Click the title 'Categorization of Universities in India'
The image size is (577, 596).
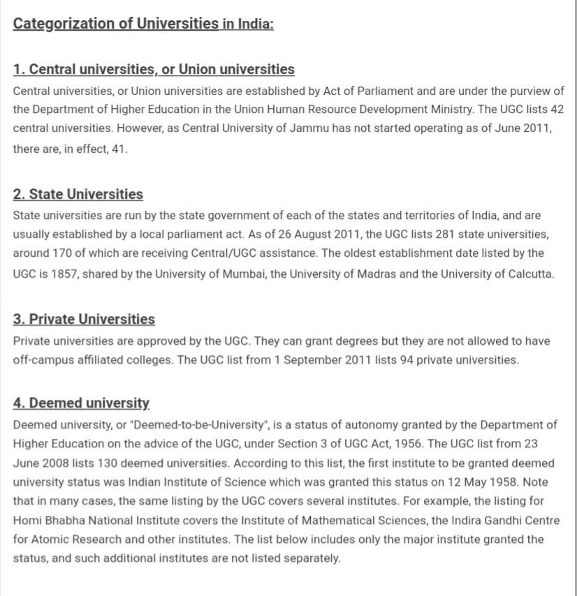tap(143, 24)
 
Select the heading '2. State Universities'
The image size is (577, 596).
tap(78, 194)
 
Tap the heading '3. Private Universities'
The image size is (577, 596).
tap(84, 319)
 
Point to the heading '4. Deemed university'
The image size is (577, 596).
tap(81, 403)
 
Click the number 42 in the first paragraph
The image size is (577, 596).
tap(557, 110)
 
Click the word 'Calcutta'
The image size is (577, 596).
tap(529, 274)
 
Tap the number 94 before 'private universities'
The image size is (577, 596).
tap(407, 360)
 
